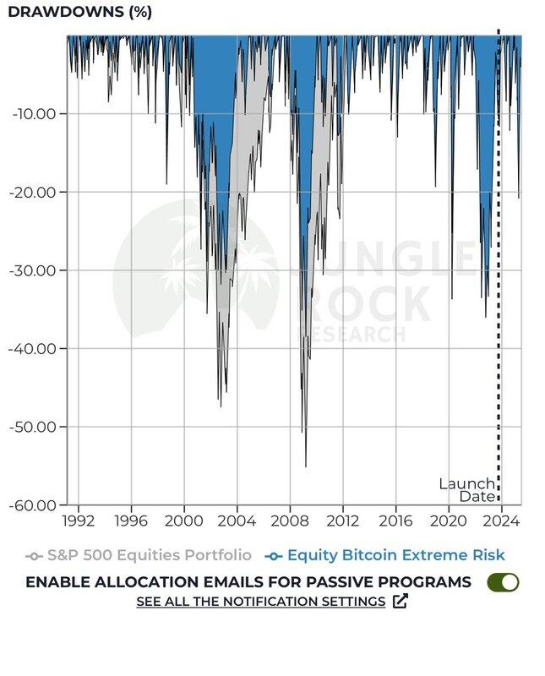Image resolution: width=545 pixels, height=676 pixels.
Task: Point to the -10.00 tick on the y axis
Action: pos(34,114)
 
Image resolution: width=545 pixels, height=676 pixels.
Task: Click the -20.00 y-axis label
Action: pos(34,192)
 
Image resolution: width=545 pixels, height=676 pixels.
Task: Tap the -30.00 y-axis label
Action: pos(34,270)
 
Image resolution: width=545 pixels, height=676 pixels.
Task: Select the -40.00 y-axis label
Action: pos(34,348)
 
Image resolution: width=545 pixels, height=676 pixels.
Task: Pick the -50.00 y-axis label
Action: pos(34,427)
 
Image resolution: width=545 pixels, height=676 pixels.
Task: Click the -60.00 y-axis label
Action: pos(34,504)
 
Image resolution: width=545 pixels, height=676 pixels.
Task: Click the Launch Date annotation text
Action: pos(466,490)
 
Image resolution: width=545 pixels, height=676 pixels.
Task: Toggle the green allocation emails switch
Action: pos(503,582)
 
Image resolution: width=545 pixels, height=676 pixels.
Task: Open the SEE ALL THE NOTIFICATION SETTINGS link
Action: pos(260,602)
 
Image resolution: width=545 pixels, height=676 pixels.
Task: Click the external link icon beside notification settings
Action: pos(401,602)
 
